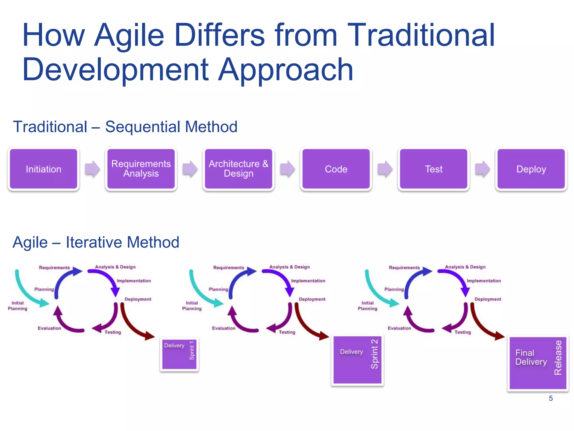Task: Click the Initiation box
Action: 43,169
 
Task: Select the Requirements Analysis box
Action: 141,169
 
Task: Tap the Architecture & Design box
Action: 239,169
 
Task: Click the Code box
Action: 336,169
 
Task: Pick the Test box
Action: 434,169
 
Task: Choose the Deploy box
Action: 531,169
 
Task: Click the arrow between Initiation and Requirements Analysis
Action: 92,169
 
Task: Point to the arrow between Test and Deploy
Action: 483,169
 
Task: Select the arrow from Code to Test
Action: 385,169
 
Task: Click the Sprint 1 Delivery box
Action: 179,354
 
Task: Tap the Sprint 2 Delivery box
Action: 357,360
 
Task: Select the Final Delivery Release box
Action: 538,363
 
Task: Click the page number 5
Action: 551,398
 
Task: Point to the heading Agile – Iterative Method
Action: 96,242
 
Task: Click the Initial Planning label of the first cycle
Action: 17,306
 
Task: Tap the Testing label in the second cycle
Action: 287,332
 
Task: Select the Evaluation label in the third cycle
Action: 399,328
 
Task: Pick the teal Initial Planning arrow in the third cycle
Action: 378,292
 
